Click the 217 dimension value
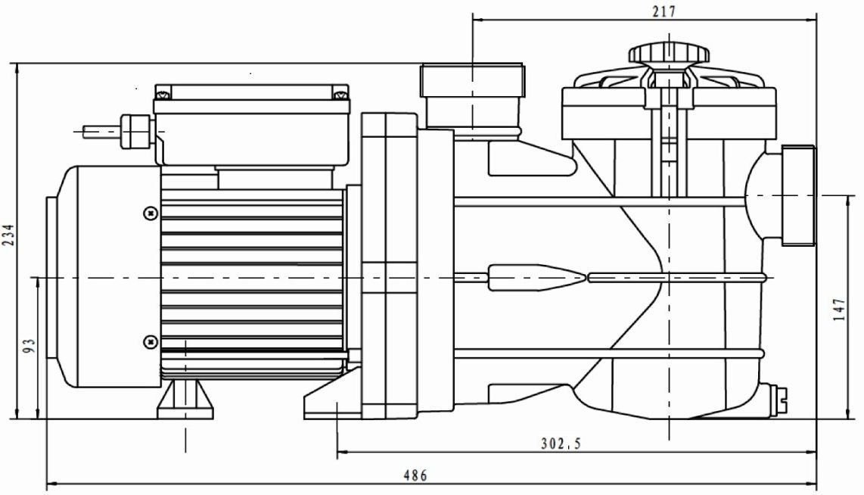[x=664, y=11]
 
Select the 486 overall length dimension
[x=415, y=475]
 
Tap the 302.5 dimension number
[x=561, y=444]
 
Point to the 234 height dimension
[x=9, y=235]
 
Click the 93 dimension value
[x=30, y=346]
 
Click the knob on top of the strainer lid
[x=669, y=54]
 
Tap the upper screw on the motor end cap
[x=150, y=213]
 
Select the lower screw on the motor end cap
[x=150, y=342]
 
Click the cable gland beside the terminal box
[x=136, y=131]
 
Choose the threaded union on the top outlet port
[x=472, y=81]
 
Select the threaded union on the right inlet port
[x=798, y=195]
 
